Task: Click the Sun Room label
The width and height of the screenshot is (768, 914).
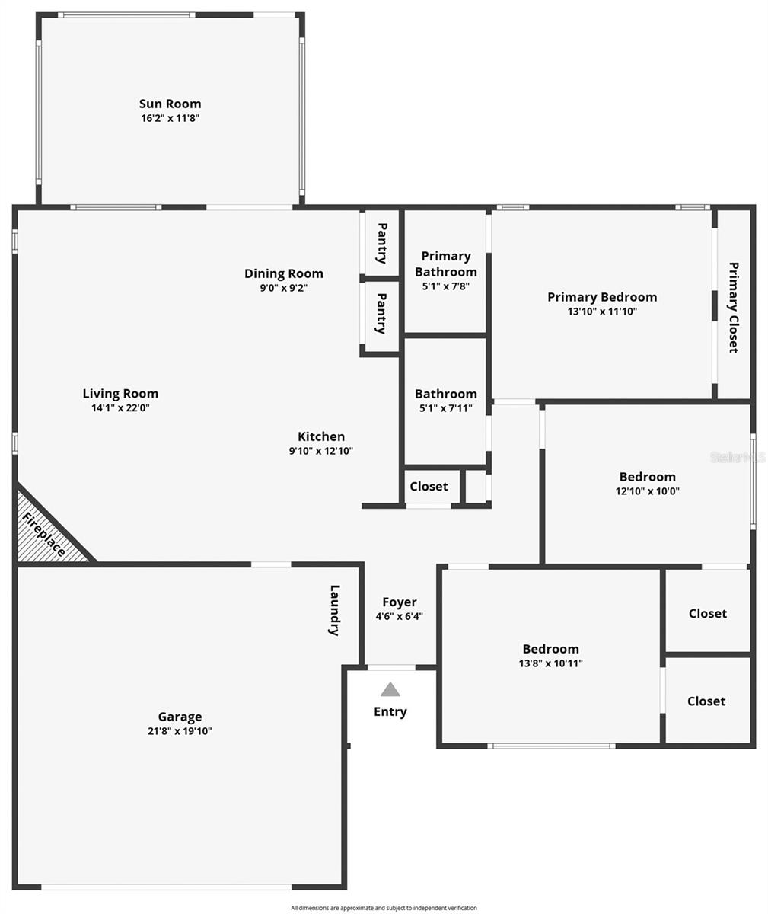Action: coord(170,104)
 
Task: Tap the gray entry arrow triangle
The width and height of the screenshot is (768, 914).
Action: coord(390,690)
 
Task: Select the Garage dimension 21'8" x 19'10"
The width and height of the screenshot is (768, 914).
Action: coord(180,731)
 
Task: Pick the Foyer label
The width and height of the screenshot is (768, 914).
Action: coord(400,602)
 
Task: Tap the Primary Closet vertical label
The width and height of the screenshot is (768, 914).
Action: coord(733,307)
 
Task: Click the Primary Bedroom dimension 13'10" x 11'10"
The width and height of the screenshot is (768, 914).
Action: coord(602,311)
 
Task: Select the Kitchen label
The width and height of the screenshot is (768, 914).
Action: coord(321,436)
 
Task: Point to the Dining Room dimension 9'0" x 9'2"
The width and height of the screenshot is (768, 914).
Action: coord(284,288)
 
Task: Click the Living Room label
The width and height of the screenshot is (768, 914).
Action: coord(120,394)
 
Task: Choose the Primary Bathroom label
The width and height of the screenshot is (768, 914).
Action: coord(446,264)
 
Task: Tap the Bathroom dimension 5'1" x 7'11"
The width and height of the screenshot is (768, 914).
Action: coord(445,408)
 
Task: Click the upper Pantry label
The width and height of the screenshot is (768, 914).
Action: coord(382,243)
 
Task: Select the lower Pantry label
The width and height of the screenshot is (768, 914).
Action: coord(382,313)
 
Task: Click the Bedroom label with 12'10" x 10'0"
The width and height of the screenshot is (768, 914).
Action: coord(647,477)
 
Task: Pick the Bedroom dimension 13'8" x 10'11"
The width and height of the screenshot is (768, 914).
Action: coord(550,663)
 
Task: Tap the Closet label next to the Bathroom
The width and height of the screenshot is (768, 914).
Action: coord(429,486)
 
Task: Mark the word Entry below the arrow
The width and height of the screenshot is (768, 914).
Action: coord(390,711)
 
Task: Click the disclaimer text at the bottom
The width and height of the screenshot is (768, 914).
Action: coord(384,908)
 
